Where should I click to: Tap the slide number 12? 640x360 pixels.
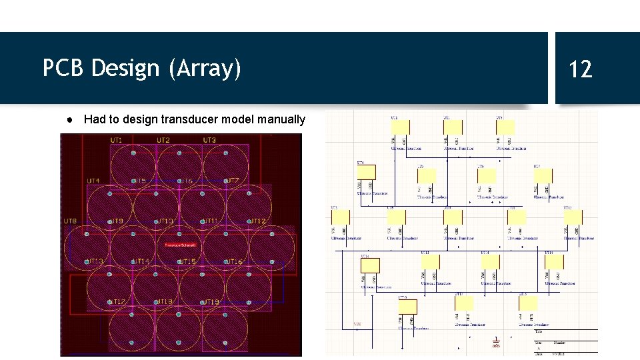[x=581, y=69]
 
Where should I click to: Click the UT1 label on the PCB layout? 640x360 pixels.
[x=117, y=140]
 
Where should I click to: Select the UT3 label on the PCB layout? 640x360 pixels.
[x=209, y=140]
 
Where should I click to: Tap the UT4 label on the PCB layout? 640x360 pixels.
[x=93, y=181]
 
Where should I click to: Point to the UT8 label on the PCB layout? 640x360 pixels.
[x=70, y=221]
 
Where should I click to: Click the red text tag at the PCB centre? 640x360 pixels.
[x=181, y=245]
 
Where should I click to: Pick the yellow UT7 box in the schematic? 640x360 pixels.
[x=543, y=175]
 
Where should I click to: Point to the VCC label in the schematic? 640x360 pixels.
[x=357, y=325]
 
